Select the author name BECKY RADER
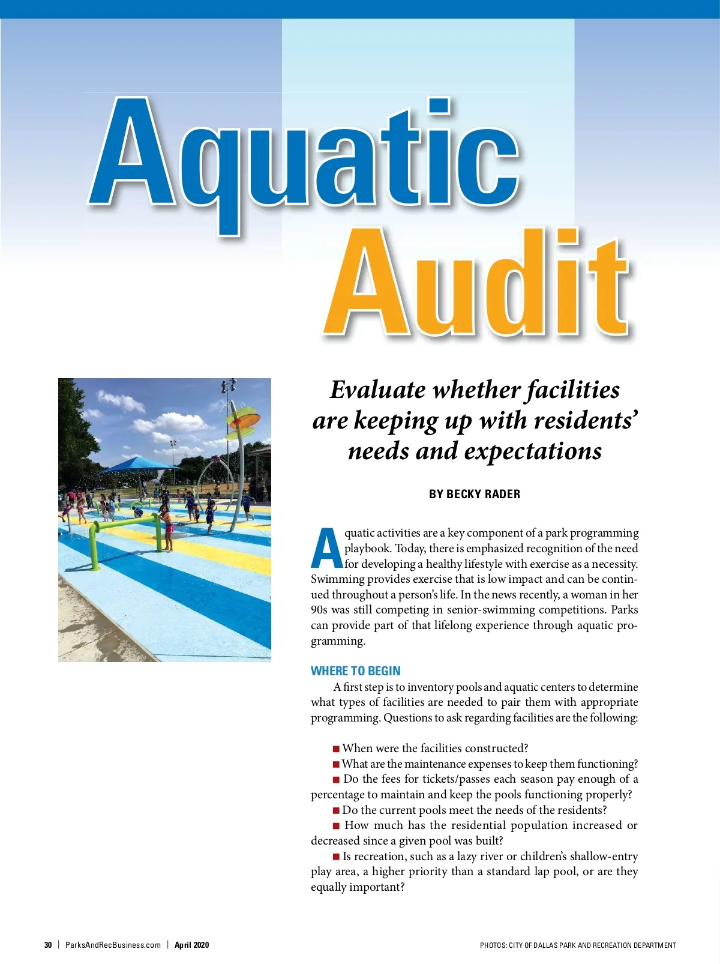475,494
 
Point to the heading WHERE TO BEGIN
355,671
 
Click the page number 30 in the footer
48,945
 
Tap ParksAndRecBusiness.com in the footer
113,945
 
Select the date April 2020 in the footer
192,945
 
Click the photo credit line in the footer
578,945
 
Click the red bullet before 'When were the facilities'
336,749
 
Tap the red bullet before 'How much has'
336,826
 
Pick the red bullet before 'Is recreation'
336,857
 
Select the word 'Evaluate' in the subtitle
377,390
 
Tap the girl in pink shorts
167,528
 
